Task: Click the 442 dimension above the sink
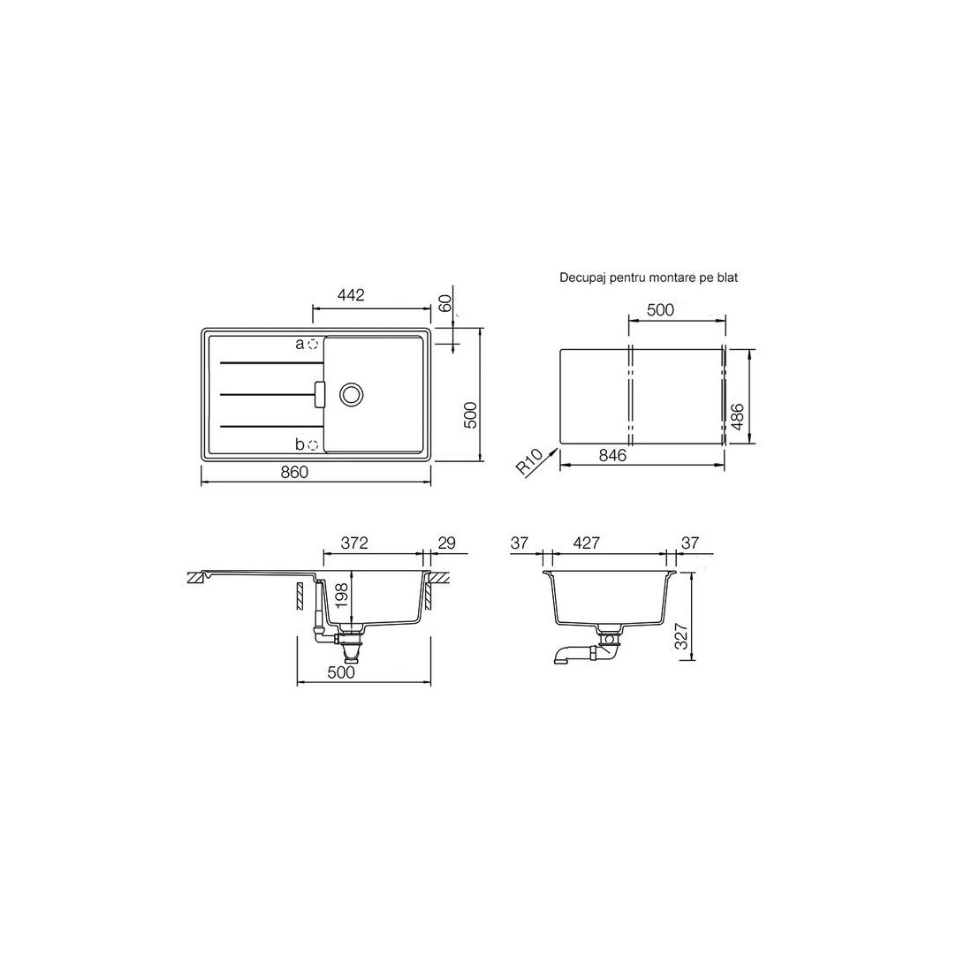tap(351, 295)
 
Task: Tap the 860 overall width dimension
tap(294, 473)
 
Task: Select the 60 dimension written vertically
tap(444, 303)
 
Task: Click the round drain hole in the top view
tap(352, 393)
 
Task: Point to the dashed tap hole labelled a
tap(313, 344)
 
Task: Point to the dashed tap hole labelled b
tap(313, 444)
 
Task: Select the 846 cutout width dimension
tap(612, 455)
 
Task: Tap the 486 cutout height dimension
tap(738, 416)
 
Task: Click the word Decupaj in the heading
tap(582, 278)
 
